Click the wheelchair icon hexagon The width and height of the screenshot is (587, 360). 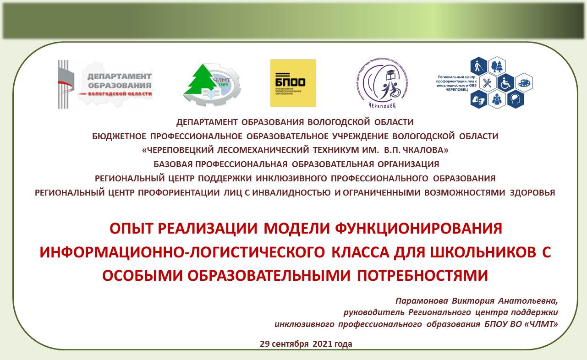506,83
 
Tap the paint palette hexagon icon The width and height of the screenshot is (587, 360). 524,83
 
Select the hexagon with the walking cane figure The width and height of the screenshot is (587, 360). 479,67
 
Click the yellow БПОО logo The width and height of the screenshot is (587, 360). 293,83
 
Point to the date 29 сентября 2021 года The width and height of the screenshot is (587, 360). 306,344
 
